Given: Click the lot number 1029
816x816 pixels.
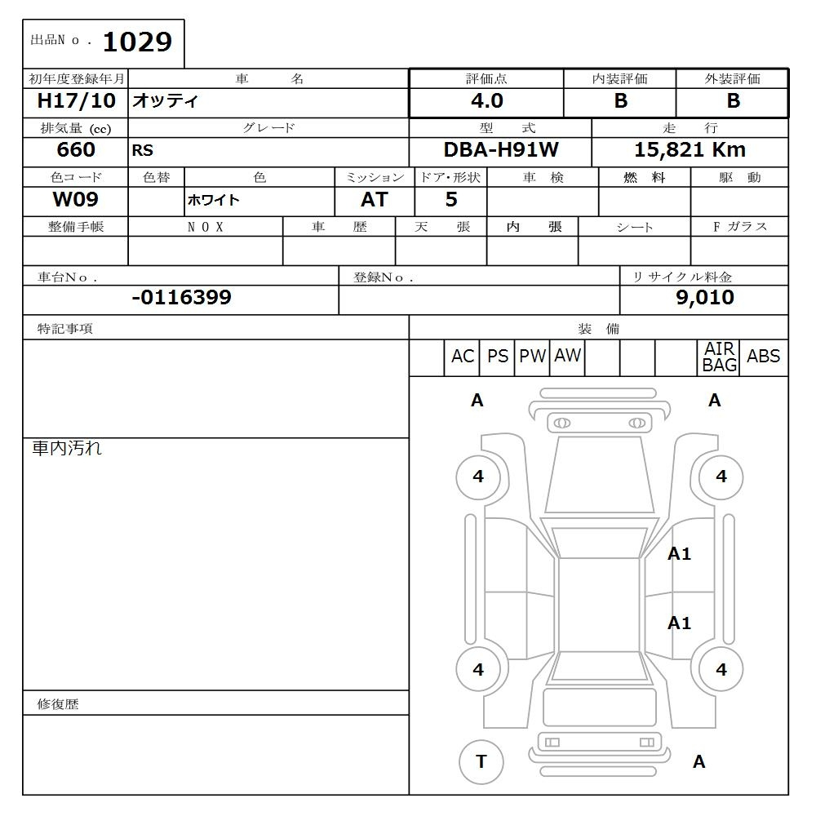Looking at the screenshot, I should (137, 42).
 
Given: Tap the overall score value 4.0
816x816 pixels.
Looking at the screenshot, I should (486, 101).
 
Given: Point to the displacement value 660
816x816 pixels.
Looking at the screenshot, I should (76, 150).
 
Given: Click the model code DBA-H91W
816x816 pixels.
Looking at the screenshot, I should (500, 150).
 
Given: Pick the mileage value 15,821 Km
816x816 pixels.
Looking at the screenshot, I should (690, 150).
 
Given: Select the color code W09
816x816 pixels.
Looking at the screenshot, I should (76, 200).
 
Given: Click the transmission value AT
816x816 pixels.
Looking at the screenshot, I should (374, 200).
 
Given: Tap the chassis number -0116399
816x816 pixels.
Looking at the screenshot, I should (181, 298).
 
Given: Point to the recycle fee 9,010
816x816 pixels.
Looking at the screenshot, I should (704, 298).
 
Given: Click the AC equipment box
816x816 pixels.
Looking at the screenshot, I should (462, 357).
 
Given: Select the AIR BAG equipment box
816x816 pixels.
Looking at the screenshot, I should (719, 357).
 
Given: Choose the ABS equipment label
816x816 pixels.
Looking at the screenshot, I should (763, 357).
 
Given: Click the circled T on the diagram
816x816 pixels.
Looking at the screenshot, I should (481, 761).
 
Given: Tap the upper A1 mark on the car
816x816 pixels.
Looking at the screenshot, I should (679, 554).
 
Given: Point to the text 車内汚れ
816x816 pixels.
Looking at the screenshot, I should (67, 448).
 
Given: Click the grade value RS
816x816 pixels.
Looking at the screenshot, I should (142, 151).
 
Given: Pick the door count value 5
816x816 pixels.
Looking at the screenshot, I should (451, 200).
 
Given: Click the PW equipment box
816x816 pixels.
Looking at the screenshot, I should (532, 357).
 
